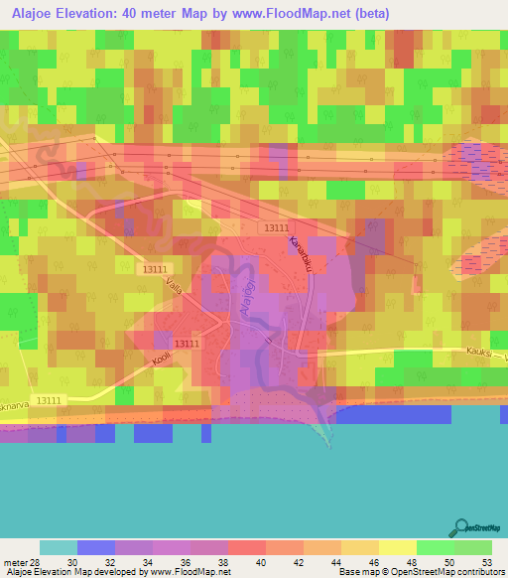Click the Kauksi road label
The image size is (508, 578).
480,351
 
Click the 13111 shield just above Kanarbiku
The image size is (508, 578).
277,227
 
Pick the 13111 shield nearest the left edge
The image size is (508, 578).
46,399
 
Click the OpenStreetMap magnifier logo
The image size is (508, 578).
461,526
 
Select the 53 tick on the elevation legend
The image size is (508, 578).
484,562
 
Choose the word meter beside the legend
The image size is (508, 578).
14,562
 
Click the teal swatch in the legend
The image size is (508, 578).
58,547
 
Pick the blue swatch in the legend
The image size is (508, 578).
95,547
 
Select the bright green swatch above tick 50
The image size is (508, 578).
435,547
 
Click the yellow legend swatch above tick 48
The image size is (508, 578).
397,547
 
